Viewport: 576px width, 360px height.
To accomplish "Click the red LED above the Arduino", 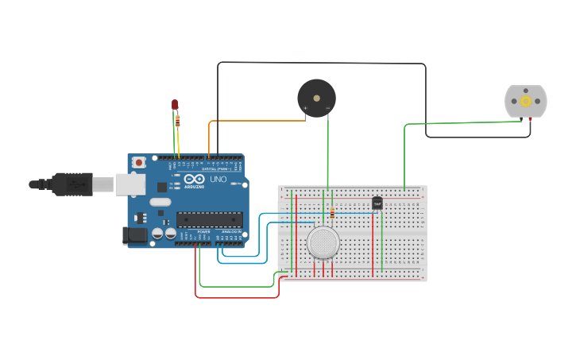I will coord(175,105).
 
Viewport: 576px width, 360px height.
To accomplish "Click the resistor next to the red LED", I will coord(177,122).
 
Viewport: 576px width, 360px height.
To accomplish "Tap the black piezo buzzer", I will coord(316,98).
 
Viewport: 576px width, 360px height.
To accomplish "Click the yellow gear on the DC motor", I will coord(526,102).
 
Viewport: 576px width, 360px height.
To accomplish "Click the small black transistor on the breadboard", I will coord(377,203).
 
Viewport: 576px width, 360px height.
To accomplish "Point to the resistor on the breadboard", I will coord(331,212).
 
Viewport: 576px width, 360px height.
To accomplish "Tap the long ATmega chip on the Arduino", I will coord(209,219).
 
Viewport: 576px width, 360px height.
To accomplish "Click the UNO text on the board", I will coord(218,180).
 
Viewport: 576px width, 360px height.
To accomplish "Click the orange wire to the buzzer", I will coord(254,121).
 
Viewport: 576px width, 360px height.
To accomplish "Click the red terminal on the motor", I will coord(530,119).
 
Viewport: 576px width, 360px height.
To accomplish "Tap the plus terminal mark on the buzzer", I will coord(305,108).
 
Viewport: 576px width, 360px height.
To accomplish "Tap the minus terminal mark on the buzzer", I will coord(327,108).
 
